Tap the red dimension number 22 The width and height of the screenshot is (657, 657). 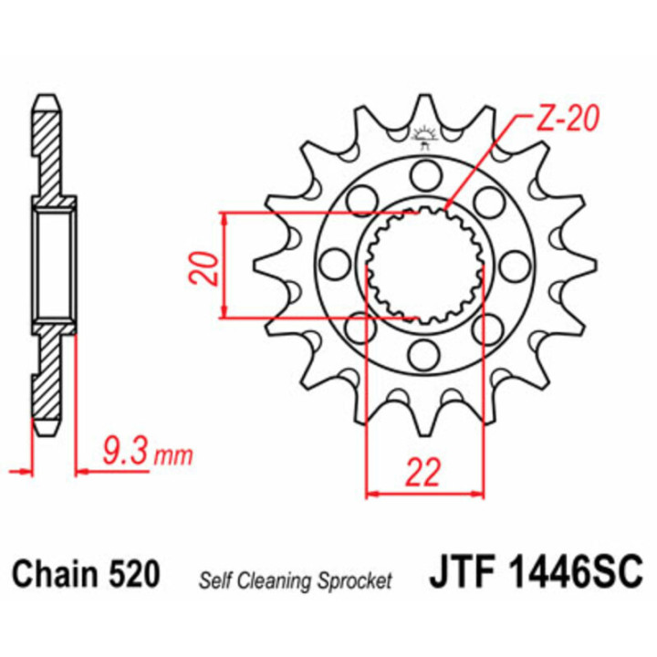point(423,472)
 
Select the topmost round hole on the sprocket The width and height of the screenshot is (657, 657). point(424,172)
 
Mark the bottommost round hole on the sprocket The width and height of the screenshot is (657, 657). point(424,352)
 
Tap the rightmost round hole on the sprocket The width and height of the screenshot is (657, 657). point(515,265)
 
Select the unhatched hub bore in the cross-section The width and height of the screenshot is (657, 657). point(53,266)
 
